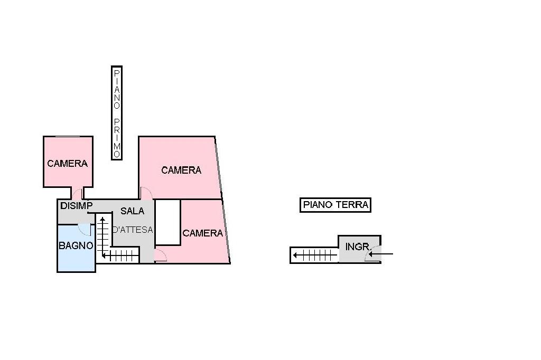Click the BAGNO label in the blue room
coord(76,245)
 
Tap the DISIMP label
coord(76,206)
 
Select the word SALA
coord(133,211)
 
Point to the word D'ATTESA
coord(133,230)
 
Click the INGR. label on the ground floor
coord(358,247)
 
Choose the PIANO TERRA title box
coord(335,205)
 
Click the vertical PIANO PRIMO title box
coord(117,113)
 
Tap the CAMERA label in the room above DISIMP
coord(67,163)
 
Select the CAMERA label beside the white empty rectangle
coord(202,233)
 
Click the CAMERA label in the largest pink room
coord(181,170)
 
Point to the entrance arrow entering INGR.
coord(380,254)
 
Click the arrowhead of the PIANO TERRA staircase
coord(296,255)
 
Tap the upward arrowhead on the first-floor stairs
coord(102,220)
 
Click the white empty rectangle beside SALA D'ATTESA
coord(168,222)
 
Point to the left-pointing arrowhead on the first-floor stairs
coord(105,255)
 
